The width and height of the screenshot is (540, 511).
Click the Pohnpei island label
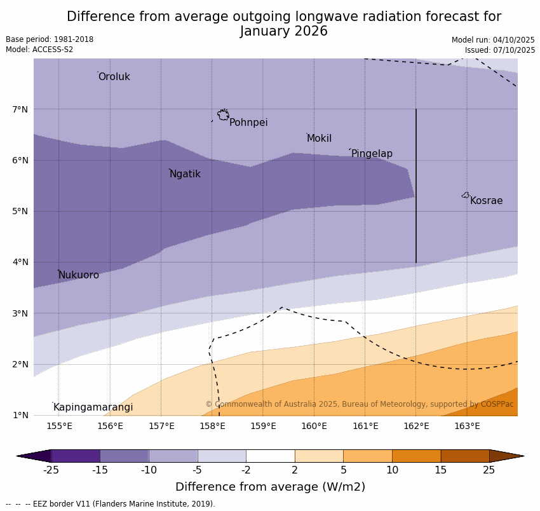[248, 123]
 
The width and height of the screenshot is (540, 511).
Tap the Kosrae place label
[486, 201]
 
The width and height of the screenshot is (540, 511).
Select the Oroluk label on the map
[114, 77]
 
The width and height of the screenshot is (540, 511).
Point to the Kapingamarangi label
[93, 407]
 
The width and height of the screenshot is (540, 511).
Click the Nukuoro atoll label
[79, 275]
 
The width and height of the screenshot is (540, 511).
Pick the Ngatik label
[185, 174]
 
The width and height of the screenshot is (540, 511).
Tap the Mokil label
[319, 139]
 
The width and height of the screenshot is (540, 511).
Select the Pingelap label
[372, 154]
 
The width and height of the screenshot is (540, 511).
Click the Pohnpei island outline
[223, 114]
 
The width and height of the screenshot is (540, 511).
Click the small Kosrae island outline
[466, 195]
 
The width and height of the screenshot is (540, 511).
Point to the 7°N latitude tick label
[20, 109]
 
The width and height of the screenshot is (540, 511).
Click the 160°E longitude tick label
[314, 426]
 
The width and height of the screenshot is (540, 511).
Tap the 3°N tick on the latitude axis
[20, 313]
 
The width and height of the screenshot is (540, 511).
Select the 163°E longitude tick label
[467, 426]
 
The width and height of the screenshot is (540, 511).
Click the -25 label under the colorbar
[51, 470]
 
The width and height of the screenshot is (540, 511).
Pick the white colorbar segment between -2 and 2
[271, 456]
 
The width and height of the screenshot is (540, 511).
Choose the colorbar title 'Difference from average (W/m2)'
[270, 487]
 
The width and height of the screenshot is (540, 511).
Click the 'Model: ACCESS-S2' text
[39, 50]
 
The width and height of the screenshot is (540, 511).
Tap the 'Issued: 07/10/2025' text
[499, 50]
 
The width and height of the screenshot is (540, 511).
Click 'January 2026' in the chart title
[284, 31]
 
